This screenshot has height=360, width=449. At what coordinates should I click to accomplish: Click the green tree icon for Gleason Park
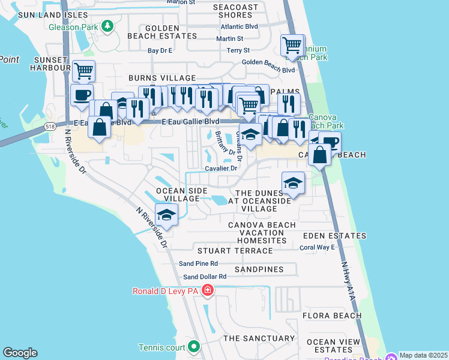click(107, 26)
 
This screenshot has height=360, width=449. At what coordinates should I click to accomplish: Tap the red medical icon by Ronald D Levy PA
click(208, 291)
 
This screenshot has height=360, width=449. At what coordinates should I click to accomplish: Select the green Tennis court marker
click(194, 346)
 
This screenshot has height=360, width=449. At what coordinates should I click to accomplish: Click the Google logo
click(20, 353)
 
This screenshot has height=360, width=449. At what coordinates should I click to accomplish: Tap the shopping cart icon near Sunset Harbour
click(84, 71)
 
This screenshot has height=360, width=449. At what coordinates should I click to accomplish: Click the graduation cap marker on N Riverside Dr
click(166, 215)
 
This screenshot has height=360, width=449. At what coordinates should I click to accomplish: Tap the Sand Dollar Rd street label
click(205, 277)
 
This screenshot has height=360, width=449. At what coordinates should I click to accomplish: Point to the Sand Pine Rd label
click(198, 263)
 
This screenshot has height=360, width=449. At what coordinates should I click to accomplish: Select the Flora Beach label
click(332, 316)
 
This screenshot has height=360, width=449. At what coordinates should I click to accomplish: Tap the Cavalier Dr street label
click(221, 169)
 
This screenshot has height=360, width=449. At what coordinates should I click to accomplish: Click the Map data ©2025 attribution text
click(423, 355)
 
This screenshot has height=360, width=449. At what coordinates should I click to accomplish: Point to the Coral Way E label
click(317, 247)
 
